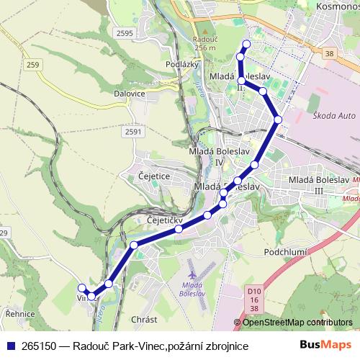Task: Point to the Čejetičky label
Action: point(166,219)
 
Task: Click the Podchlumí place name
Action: point(287,251)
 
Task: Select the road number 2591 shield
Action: point(132,132)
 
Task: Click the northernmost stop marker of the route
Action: point(246,45)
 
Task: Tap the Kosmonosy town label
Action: point(338,6)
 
